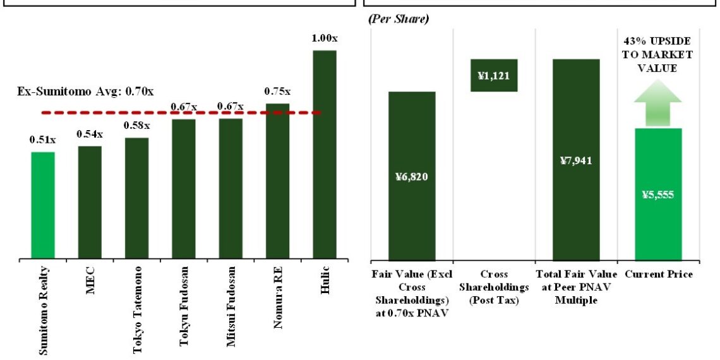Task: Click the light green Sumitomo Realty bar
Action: click(x=43, y=205)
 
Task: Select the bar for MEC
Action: click(x=90, y=202)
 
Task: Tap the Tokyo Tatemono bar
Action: click(x=136, y=198)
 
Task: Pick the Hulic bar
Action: click(x=325, y=155)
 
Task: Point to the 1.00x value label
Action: click(x=325, y=39)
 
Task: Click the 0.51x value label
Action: click(x=43, y=140)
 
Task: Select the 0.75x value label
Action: click(x=278, y=91)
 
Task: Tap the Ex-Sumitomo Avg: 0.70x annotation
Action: click(x=85, y=92)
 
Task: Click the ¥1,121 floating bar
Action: click(x=494, y=76)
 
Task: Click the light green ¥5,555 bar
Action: click(x=658, y=194)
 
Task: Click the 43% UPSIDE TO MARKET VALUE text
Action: click(x=658, y=55)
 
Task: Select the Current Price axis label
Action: click(x=659, y=275)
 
